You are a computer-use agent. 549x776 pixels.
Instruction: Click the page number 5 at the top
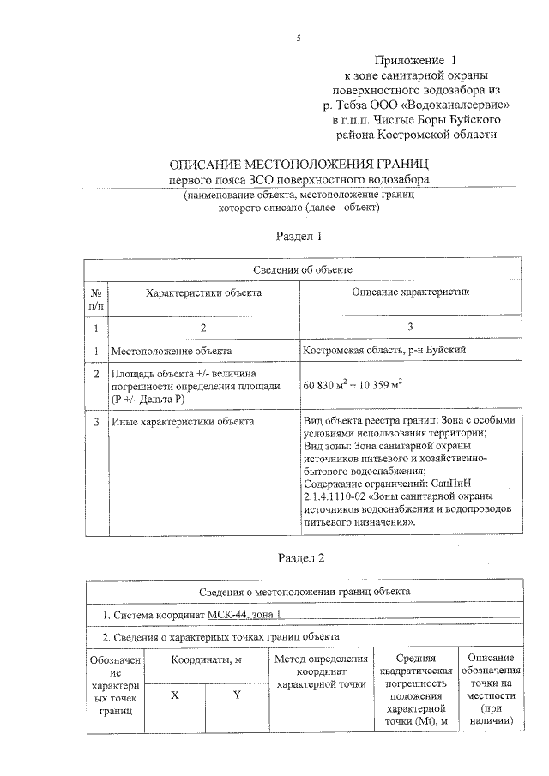pyautogui.click(x=298, y=38)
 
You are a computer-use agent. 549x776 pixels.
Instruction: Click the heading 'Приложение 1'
pyautogui.click(x=415, y=61)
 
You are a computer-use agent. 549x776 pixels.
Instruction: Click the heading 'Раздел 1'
pyautogui.click(x=298, y=236)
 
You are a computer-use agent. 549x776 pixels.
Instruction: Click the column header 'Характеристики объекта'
pyautogui.click(x=203, y=293)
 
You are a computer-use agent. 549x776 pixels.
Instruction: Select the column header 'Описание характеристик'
pyautogui.click(x=412, y=293)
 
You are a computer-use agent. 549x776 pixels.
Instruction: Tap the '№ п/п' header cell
pyautogui.click(x=96, y=299)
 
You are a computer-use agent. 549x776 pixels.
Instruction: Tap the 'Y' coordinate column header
pyautogui.click(x=236, y=695)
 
